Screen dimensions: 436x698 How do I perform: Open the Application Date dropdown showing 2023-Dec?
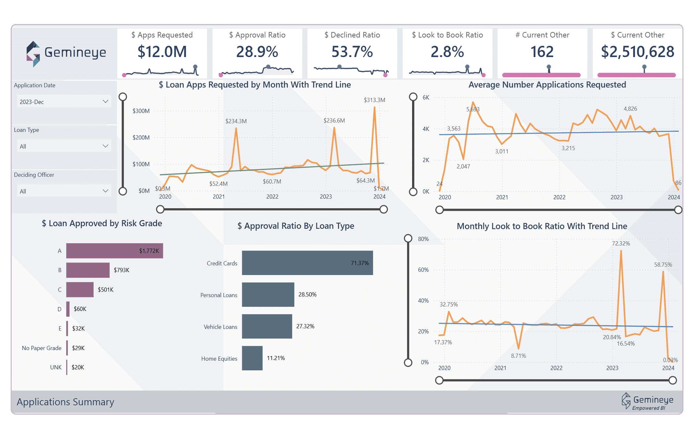tap(64, 102)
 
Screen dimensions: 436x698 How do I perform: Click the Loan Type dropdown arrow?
tap(105, 146)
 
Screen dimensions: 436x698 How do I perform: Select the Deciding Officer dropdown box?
tap(64, 191)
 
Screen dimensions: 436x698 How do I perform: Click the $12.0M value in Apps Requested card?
tap(162, 52)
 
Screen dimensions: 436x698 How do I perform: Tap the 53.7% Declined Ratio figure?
tap(352, 52)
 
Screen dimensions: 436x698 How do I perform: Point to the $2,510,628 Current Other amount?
tap(637, 52)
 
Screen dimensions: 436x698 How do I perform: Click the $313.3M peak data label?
tap(374, 100)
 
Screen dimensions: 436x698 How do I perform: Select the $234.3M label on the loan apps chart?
tap(236, 121)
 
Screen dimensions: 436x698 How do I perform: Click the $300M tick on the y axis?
tap(141, 111)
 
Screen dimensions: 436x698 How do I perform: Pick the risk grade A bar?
tap(114, 251)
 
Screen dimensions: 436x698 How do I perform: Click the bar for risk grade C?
tap(80, 289)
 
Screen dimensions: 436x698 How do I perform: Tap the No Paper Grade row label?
tap(42, 348)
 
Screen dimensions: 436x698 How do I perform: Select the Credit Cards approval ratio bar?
tap(307, 263)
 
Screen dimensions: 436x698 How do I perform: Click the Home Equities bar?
tap(252, 358)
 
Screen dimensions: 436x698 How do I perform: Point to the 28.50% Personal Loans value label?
tap(307, 295)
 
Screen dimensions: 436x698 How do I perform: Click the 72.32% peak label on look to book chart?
tap(620, 243)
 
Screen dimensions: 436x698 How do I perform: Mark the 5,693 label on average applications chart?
tap(473, 109)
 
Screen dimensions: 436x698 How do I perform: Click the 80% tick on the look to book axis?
tap(423, 239)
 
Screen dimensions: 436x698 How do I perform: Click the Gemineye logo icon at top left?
tap(33, 54)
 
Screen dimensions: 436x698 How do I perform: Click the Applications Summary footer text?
tap(66, 402)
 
